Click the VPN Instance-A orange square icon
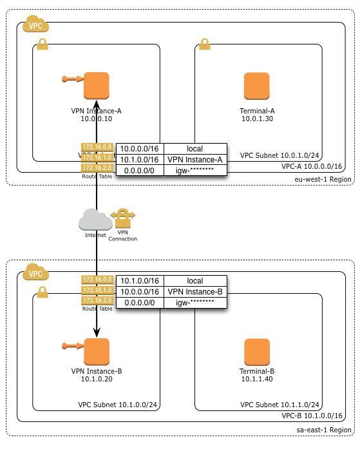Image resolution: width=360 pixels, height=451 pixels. point(97,85)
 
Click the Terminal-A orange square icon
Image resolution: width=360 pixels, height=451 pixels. point(257,85)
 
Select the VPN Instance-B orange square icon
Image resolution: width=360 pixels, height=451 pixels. point(97,350)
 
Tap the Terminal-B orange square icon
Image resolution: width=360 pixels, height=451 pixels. point(257,350)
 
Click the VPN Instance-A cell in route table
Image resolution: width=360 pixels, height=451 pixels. point(195,159)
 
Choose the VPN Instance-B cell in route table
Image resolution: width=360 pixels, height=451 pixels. point(195,291)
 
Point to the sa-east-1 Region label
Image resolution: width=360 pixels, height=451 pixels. point(323,429)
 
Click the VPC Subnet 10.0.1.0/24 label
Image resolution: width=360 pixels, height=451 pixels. point(280,155)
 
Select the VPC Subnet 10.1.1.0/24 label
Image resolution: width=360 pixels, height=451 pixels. point(280,405)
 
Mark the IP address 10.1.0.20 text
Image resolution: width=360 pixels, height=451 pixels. point(97,379)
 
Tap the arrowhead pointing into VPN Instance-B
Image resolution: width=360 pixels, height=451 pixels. point(97,333)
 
